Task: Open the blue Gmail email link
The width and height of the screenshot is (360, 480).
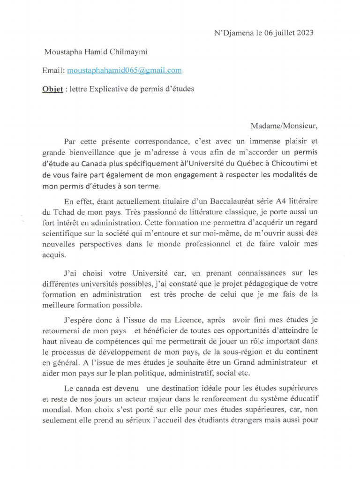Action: click(124, 70)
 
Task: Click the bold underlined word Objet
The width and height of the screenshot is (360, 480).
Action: click(53, 89)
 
